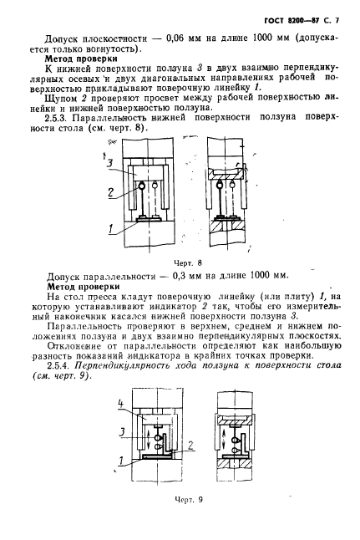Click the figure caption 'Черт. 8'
click(x=181, y=262)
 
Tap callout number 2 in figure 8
click(x=110, y=192)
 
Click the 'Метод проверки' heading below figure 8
click(x=83, y=285)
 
